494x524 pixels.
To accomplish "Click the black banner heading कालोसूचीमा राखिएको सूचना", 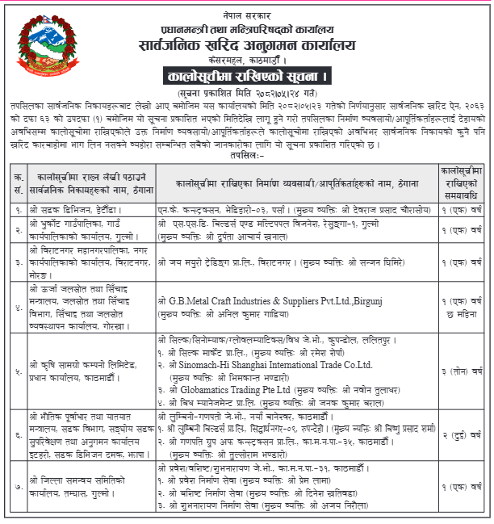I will coord(247,78).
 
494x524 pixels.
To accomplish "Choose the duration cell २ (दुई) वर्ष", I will coord(462,434).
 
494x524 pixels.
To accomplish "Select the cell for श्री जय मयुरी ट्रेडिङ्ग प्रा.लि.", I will coord(298,263).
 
